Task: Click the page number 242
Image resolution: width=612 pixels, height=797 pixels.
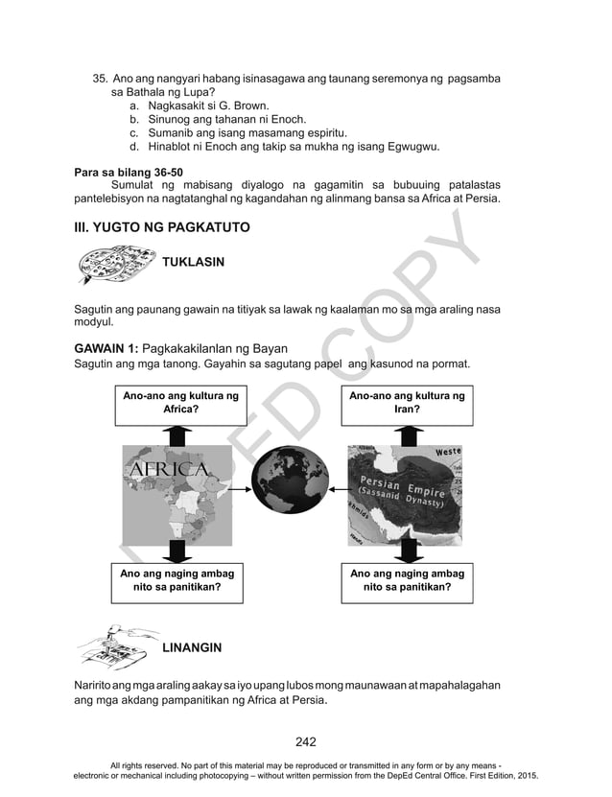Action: pyautogui.click(x=305, y=741)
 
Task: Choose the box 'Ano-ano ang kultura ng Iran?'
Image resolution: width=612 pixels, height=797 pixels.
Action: pyautogui.click(x=407, y=403)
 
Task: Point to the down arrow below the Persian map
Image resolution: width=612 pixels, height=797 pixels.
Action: pyautogui.click(x=409, y=550)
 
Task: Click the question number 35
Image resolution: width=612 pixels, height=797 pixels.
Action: pyautogui.click(x=99, y=78)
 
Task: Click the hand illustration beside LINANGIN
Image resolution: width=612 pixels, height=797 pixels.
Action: pyautogui.click(x=115, y=646)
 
